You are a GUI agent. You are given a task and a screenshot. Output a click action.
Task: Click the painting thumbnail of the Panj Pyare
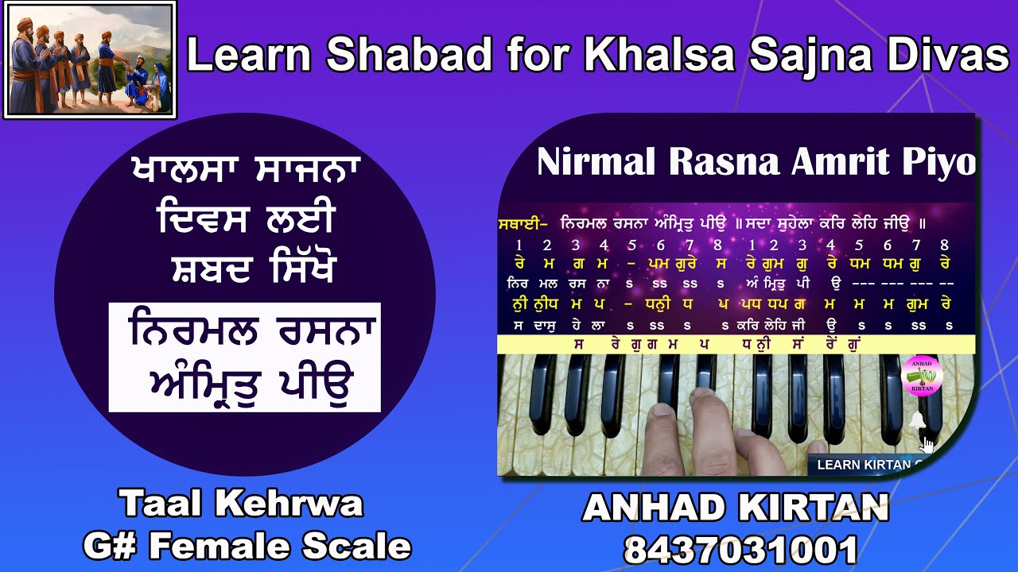(x=90, y=60)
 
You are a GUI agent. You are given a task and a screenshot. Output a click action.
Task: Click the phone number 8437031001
(x=740, y=550)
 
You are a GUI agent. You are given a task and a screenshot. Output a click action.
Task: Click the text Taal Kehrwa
(x=242, y=503)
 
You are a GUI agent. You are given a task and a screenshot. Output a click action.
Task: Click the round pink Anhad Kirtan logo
(x=922, y=374)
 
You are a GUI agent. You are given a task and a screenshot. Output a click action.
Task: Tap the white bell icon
(x=917, y=420)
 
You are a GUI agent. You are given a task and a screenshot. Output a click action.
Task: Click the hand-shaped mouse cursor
(x=927, y=443)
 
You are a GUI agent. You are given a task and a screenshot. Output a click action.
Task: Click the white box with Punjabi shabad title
(x=245, y=357)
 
